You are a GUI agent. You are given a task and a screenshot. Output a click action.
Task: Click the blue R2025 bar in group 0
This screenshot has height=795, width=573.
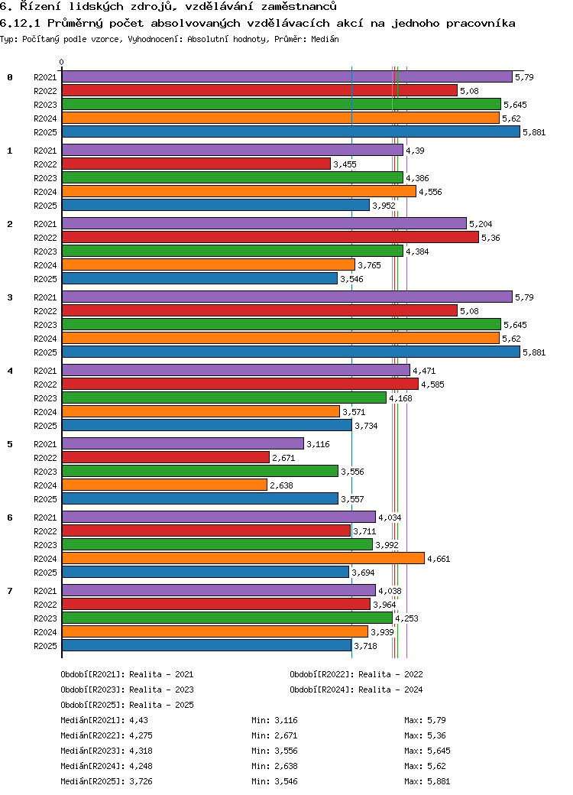click(290, 132)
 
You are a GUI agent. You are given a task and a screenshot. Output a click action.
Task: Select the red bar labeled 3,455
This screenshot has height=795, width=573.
click(196, 164)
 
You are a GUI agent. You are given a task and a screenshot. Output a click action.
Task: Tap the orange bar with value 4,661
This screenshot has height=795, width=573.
click(243, 559)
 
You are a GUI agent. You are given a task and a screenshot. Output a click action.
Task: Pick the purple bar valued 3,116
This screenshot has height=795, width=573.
click(183, 444)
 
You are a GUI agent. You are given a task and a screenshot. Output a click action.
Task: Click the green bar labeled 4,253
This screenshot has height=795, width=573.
click(227, 618)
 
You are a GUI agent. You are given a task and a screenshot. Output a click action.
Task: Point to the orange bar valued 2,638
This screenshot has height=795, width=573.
click(164, 485)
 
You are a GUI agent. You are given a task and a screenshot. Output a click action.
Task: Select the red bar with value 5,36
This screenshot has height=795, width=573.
click(270, 238)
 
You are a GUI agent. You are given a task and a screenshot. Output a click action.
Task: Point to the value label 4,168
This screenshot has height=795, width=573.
click(401, 398)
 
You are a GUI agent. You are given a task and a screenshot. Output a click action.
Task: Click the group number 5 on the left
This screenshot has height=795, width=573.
click(10, 444)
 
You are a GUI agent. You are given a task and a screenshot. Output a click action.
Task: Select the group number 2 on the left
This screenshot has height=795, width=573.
click(10, 224)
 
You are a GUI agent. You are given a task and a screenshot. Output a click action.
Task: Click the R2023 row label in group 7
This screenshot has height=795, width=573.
click(46, 618)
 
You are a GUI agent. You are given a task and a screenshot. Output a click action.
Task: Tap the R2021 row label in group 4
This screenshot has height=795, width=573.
click(46, 371)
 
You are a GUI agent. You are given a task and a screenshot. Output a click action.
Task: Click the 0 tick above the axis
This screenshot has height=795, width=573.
click(62, 63)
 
